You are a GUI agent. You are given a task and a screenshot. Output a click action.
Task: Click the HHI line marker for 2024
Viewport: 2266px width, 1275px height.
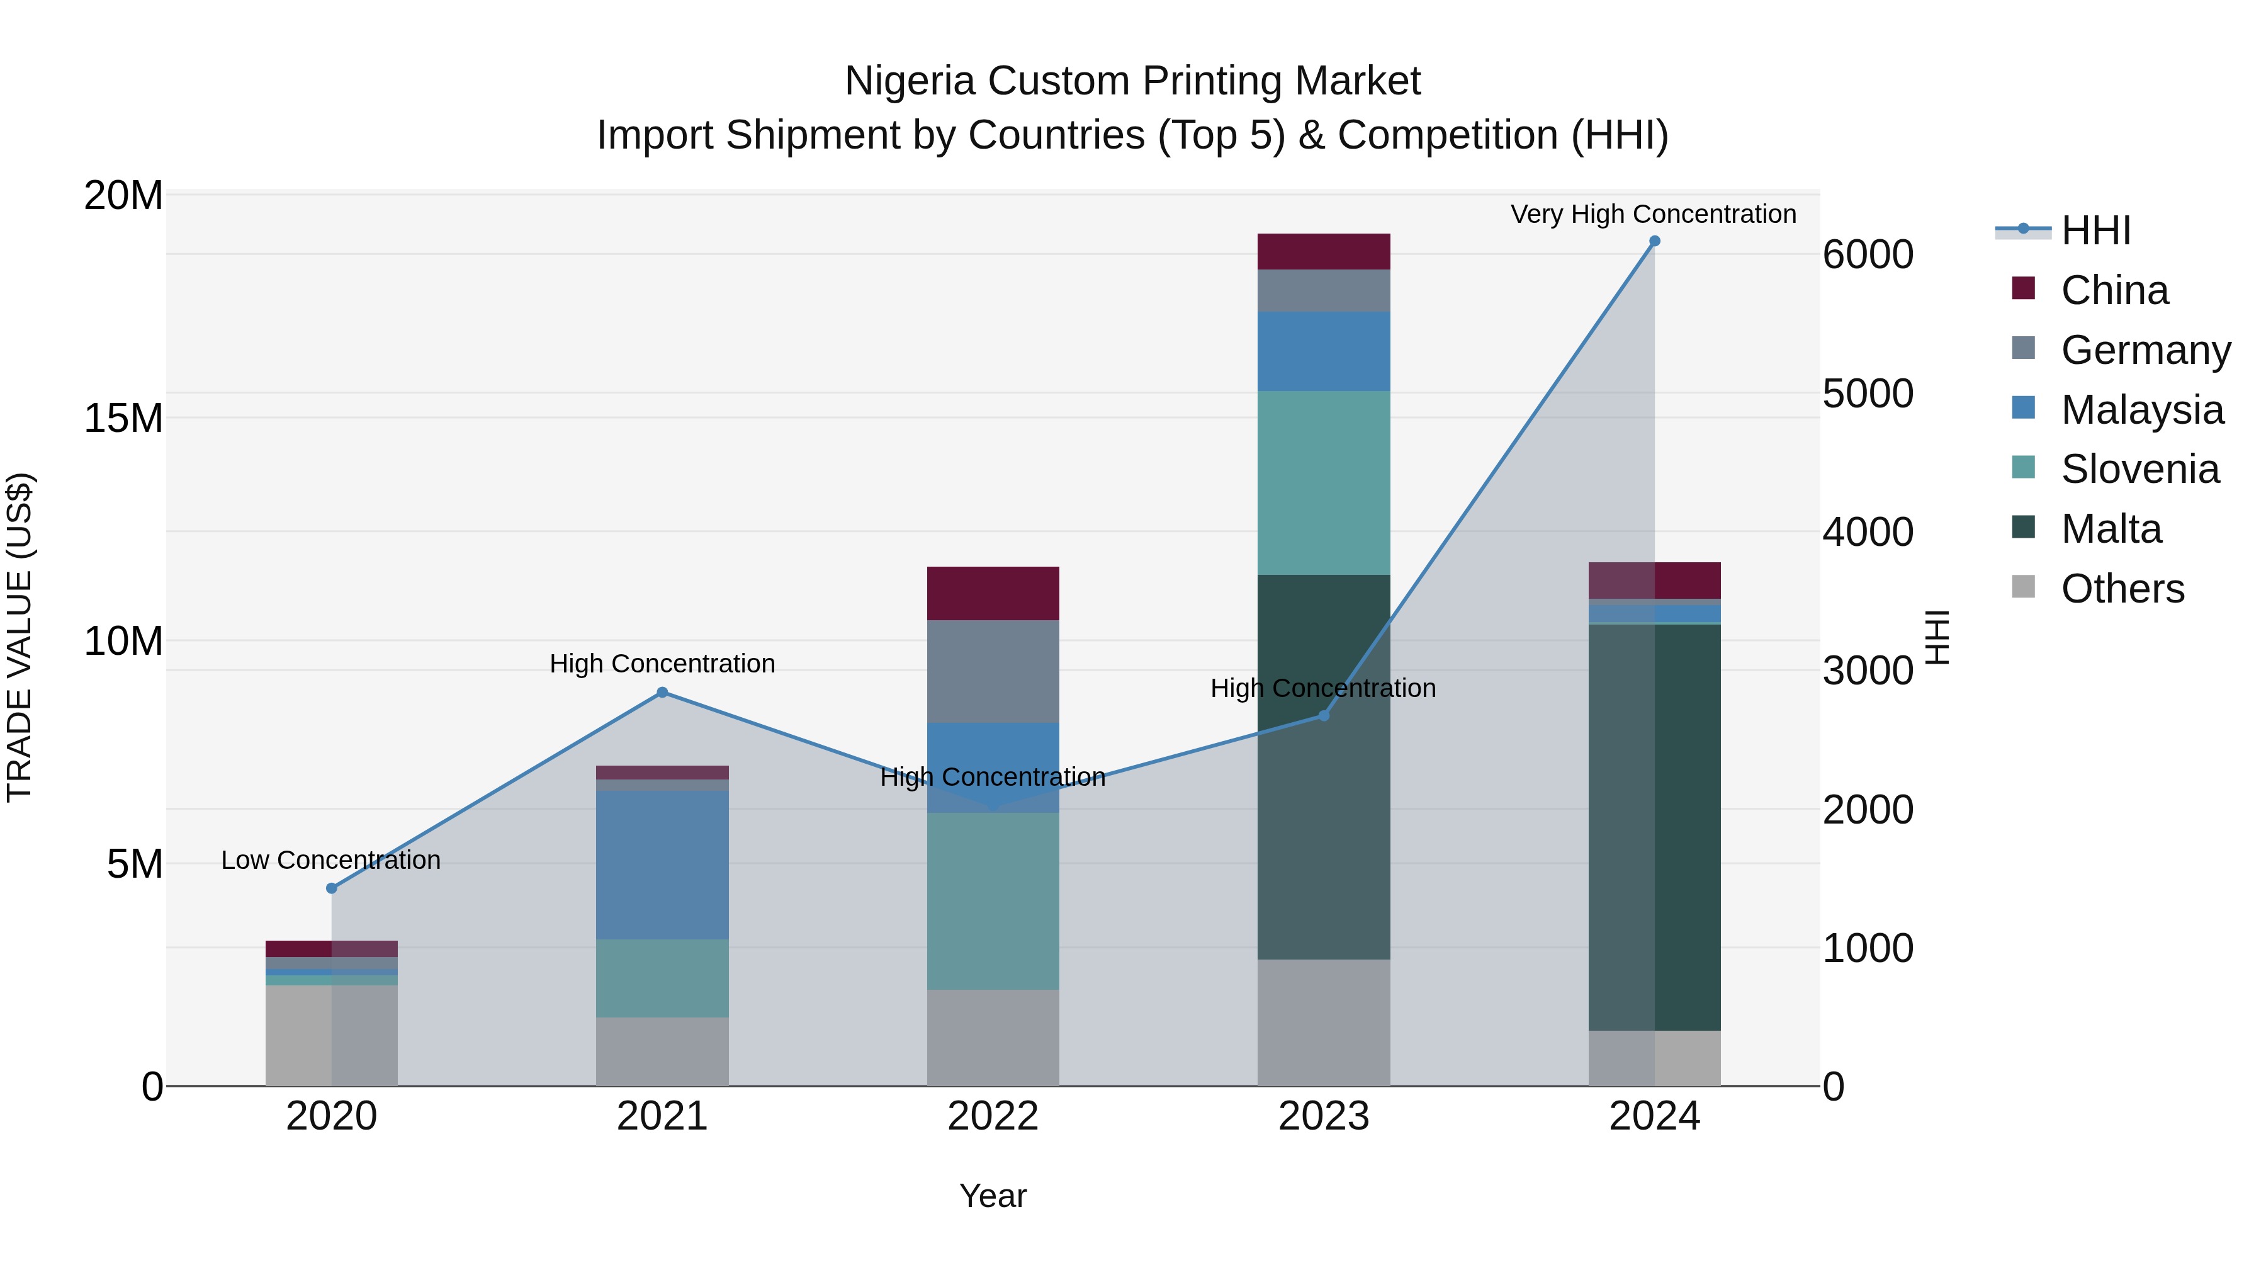1654,241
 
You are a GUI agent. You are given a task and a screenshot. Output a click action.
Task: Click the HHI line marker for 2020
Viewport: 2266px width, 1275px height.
332,888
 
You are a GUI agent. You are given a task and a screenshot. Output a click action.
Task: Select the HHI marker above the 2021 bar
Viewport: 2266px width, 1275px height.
662,693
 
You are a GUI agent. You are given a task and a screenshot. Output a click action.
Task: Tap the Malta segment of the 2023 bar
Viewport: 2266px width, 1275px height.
1323,766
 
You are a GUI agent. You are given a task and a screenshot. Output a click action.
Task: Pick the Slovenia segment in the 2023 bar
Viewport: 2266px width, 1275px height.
1323,482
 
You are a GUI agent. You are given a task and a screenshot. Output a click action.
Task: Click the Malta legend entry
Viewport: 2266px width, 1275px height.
2111,529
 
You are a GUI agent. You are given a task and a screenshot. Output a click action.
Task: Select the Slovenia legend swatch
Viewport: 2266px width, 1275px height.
2023,467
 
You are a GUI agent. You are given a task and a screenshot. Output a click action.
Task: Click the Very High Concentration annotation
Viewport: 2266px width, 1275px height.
1653,214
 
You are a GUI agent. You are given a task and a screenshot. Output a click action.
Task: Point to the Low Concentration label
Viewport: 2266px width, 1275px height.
330,859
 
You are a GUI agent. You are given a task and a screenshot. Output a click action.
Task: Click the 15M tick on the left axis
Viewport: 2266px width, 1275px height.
123,418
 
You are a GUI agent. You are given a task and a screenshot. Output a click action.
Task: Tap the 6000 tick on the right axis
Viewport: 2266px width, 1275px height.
1867,254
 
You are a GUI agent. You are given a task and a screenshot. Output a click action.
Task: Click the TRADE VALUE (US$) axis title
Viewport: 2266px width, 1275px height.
20,637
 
